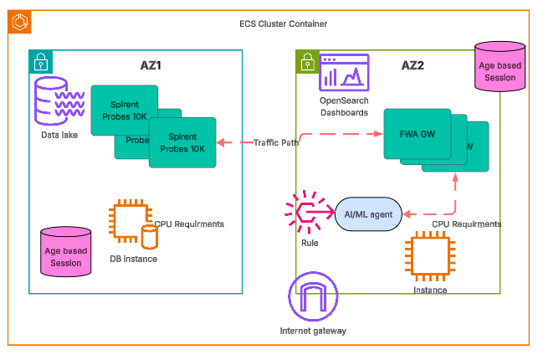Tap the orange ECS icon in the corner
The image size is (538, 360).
(x=19, y=23)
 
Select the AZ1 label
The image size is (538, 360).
(x=151, y=64)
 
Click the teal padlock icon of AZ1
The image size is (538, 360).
(x=39, y=60)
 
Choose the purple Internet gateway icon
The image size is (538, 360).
(x=313, y=297)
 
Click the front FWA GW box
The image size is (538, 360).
(x=417, y=132)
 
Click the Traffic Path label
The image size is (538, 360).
(x=276, y=143)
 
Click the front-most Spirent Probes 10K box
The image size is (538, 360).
(x=182, y=142)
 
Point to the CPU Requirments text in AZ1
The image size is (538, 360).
(x=189, y=224)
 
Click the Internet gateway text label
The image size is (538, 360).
(x=313, y=331)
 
